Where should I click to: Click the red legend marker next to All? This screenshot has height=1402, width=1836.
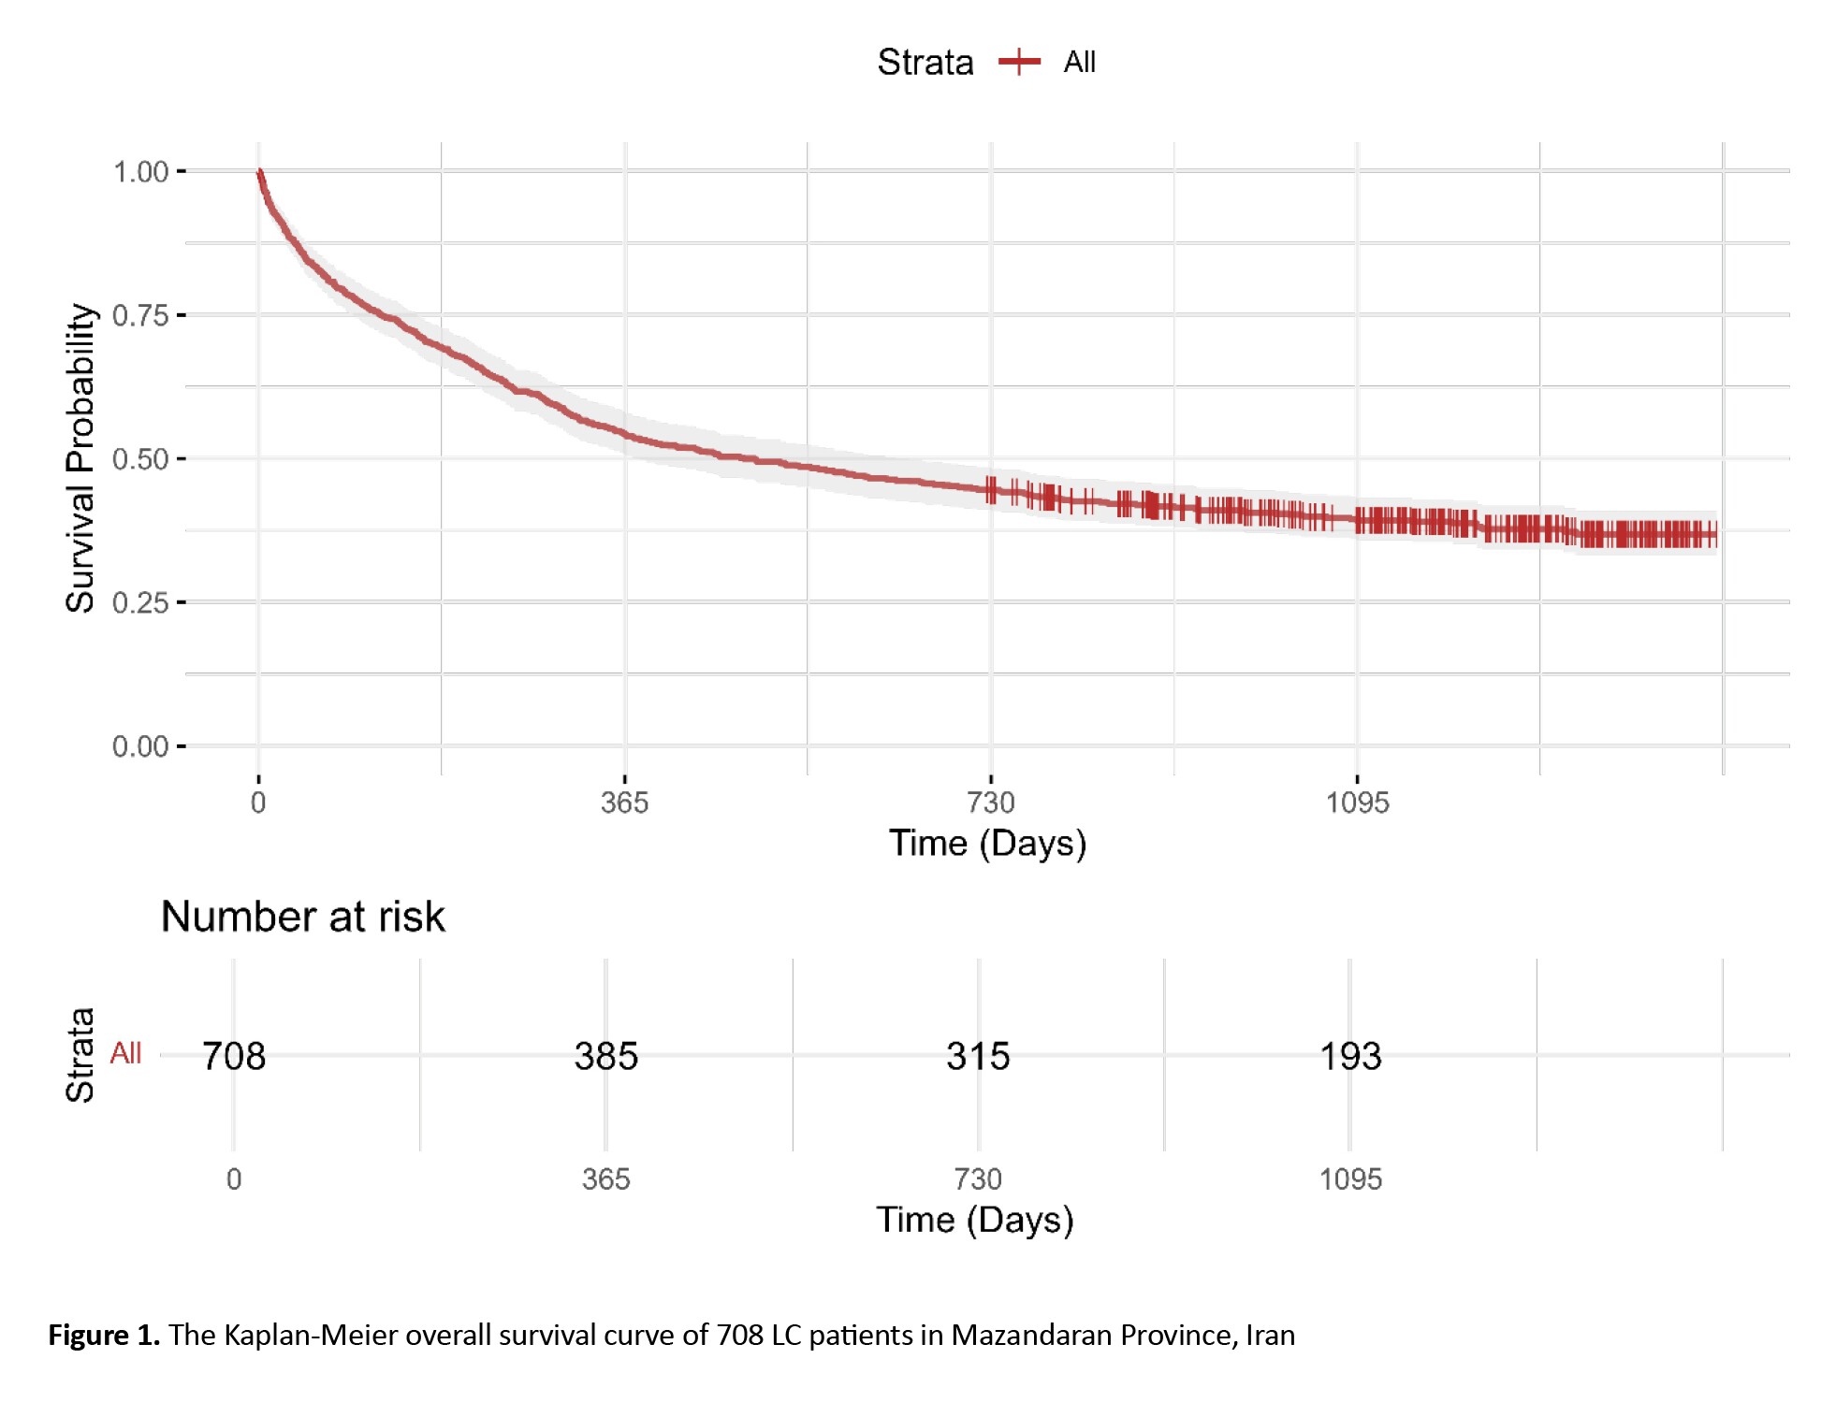tap(1019, 63)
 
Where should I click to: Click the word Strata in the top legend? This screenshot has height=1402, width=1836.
tap(925, 63)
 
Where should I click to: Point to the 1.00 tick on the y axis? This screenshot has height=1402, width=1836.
tap(140, 172)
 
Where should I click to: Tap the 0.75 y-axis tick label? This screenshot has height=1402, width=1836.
tap(140, 316)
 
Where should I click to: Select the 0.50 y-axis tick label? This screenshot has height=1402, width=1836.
tap(140, 459)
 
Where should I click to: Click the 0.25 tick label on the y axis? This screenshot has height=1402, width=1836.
tap(140, 603)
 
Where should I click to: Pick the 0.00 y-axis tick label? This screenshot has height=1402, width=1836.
tap(140, 746)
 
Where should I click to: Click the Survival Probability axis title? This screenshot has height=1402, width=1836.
tap(80, 458)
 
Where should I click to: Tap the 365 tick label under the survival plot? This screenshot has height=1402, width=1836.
tap(624, 802)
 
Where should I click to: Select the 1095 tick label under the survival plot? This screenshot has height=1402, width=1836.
tap(1357, 802)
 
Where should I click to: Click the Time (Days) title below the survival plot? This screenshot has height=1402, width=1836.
tap(987, 844)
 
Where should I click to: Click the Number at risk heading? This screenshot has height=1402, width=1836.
tap(302, 917)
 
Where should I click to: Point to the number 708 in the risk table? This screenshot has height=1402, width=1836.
tap(234, 1056)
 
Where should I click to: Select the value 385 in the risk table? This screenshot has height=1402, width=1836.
tap(605, 1056)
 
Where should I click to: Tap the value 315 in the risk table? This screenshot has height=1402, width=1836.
tap(978, 1056)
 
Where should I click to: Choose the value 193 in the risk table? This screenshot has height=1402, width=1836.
tap(1349, 1056)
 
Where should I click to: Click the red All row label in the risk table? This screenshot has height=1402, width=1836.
tap(125, 1053)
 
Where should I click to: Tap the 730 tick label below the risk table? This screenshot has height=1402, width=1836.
tap(978, 1179)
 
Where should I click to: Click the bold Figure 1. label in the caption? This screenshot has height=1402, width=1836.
tap(104, 1335)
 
